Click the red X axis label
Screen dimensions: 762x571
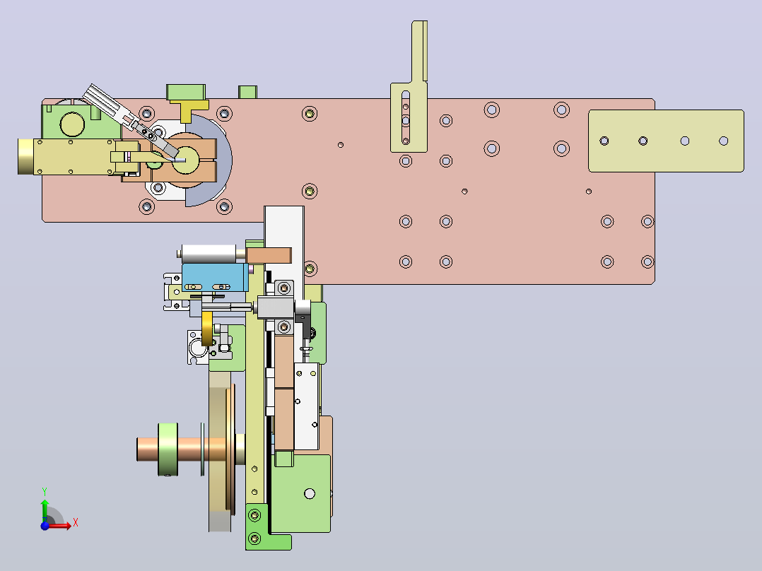click(76, 523)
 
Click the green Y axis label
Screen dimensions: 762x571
click(45, 491)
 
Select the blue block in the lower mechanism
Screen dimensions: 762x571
click(214, 277)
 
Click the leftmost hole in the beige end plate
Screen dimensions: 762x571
click(604, 141)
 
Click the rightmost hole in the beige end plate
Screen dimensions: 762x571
click(724, 141)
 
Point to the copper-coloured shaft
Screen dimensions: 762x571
click(184, 449)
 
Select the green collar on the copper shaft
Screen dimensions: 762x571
click(168, 449)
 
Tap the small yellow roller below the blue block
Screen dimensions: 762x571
click(207, 329)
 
